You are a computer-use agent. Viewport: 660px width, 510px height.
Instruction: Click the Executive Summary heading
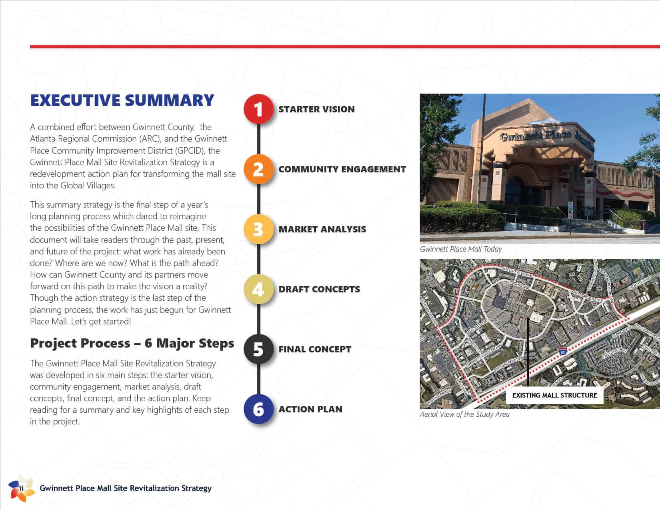pos(122,100)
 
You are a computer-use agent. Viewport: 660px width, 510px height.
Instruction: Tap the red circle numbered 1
pos(258,109)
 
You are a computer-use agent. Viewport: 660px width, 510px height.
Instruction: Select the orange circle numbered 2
pos(258,169)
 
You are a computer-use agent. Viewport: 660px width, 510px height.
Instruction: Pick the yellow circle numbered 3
pos(258,229)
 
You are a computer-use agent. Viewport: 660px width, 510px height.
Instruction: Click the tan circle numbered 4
pos(258,289)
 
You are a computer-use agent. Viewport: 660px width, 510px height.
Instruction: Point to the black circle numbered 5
pos(258,349)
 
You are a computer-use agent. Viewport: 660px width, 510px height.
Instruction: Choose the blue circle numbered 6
pos(258,409)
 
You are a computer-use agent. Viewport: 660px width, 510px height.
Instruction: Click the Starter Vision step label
pos(316,109)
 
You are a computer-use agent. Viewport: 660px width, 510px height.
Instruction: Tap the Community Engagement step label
pos(342,169)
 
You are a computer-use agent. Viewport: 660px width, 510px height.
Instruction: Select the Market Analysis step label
pos(322,229)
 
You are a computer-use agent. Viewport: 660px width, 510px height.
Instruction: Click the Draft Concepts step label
pos(319,289)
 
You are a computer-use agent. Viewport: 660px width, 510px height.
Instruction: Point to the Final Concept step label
pos(315,349)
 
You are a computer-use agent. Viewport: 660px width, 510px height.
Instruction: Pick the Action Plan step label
pos(310,409)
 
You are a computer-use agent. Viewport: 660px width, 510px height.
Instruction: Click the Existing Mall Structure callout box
pos(554,395)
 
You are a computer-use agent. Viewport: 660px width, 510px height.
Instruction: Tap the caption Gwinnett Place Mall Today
pos(461,249)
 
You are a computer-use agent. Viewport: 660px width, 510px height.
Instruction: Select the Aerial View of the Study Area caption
pos(464,414)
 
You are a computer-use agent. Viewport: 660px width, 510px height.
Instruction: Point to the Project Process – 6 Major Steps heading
pos(132,343)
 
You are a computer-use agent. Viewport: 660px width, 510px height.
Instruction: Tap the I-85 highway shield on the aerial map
pos(563,352)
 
